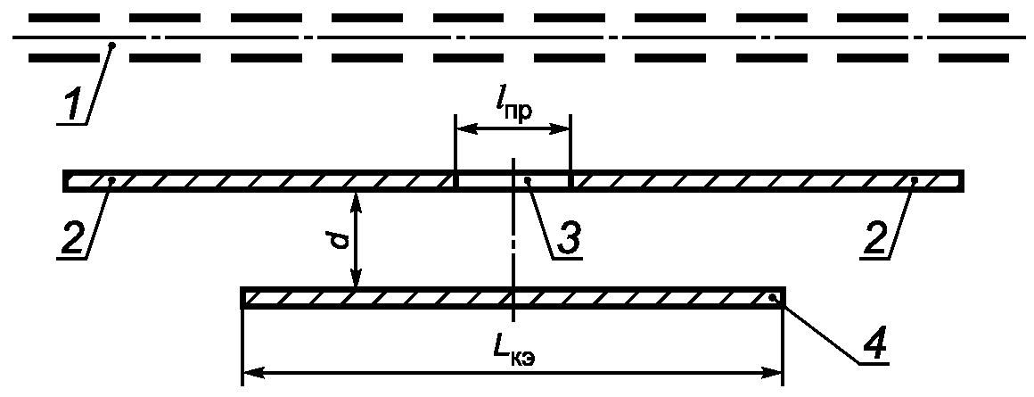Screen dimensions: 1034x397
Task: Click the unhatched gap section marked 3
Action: point(513,181)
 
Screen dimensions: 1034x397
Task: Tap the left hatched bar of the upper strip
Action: point(258,181)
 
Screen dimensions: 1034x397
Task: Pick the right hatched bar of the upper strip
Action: point(767,181)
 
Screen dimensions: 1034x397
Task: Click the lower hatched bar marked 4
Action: point(513,298)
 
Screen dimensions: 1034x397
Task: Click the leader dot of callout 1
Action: point(111,44)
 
